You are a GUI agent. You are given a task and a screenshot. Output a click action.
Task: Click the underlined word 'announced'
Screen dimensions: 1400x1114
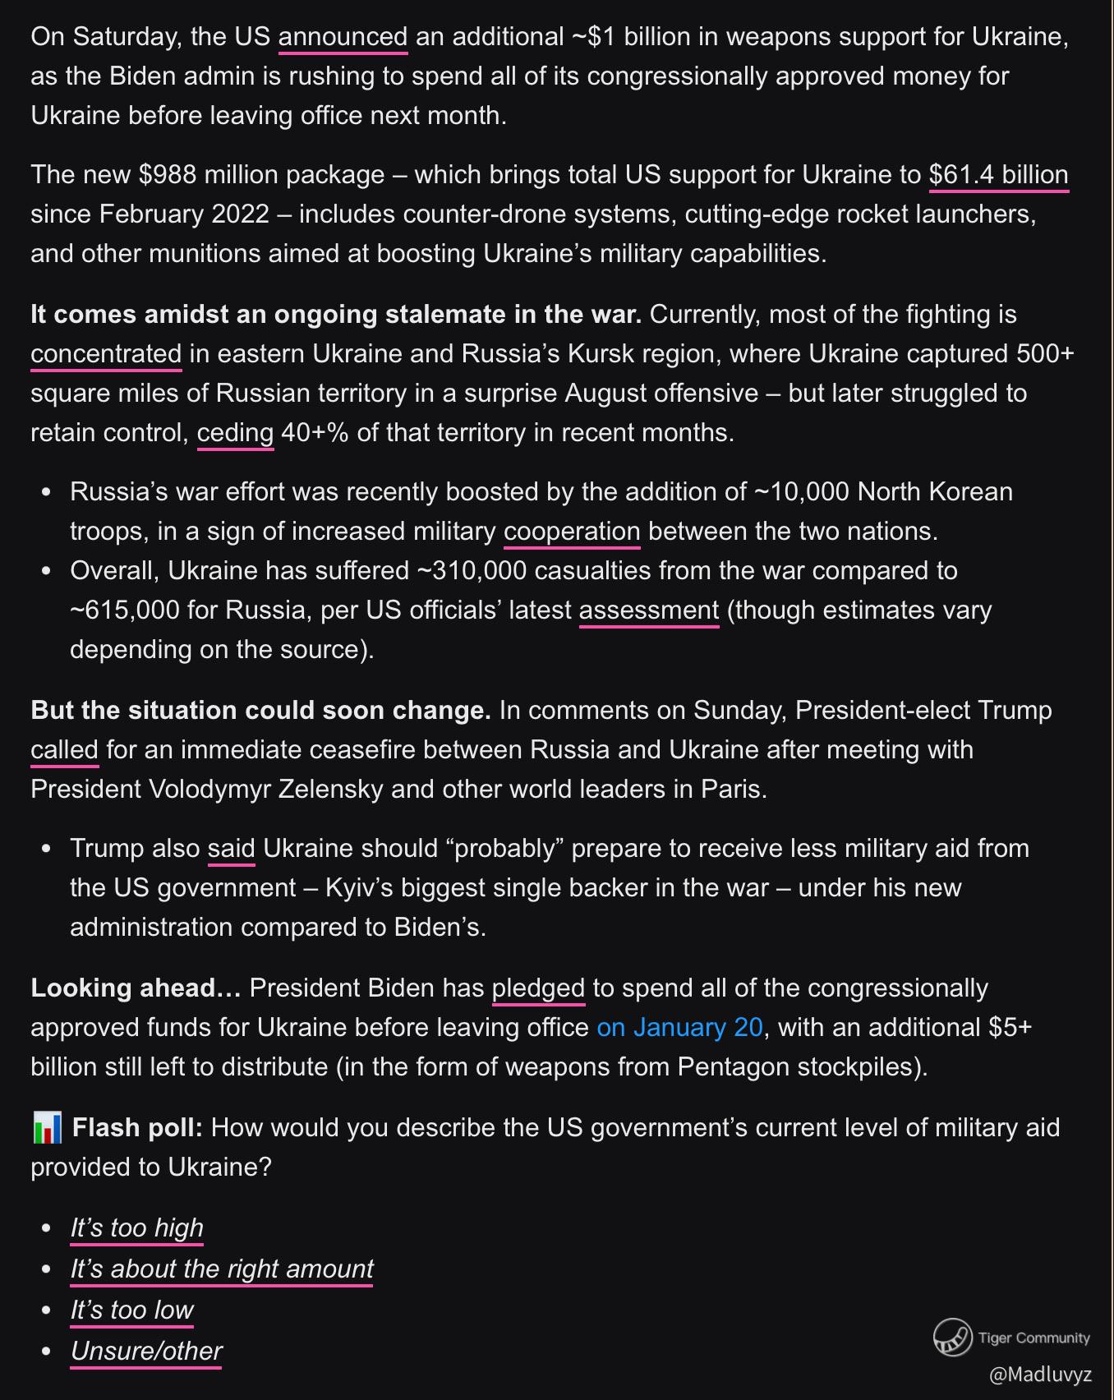[x=343, y=37]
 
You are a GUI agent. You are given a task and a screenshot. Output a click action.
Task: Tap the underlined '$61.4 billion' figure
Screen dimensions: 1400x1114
[x=998, y=175]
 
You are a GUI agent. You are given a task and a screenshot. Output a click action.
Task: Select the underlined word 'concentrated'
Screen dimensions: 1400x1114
[x=106, y=354]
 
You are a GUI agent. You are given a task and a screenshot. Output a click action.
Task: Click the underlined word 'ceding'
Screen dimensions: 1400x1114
[x=235, y=433]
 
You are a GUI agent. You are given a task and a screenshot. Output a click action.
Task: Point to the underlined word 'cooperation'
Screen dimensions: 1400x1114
[x=572, y=532]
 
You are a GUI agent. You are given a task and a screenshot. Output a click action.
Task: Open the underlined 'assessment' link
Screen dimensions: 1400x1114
[x=649, y=610]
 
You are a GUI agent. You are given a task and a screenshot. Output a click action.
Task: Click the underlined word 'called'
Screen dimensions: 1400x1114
[x=64, y=750]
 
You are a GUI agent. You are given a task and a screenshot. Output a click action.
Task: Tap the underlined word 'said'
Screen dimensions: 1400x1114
[x=231, y=849]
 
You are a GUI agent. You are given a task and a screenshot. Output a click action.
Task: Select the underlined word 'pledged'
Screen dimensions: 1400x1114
[x=538, y=988]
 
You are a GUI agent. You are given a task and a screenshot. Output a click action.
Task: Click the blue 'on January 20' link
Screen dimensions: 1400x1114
[x=679, y=1028]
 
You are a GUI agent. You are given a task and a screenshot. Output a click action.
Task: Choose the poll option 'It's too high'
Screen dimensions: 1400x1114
[x=136, y=1227]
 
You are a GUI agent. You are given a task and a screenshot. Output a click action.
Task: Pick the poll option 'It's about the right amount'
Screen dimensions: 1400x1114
[x=222, y=1269]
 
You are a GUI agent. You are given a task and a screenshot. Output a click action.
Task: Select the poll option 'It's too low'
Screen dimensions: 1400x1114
[x=132, y=1310]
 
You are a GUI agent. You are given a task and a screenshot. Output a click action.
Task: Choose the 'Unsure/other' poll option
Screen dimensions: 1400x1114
[x=146, y=1351]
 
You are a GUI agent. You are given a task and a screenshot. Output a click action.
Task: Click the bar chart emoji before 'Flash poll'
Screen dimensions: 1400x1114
[x=48, y=1128]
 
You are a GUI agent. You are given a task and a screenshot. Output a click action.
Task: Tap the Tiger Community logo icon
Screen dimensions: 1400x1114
[x=952, y=1338]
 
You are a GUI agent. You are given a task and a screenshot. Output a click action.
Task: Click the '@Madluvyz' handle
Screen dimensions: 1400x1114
[x=1040, y=1375]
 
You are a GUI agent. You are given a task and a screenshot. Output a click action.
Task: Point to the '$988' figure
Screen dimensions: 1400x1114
[x=167, y=175]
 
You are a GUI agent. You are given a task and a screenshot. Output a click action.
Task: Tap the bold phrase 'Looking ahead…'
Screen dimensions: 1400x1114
[x=136, y=988]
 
